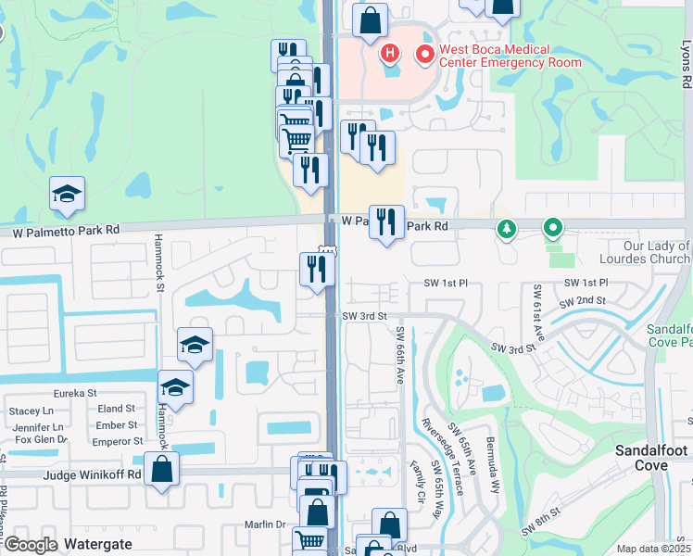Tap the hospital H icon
click(390, 53)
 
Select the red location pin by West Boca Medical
click(425, 55)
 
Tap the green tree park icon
click(506, 227)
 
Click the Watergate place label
click(99, 544)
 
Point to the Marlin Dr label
click(265, 524)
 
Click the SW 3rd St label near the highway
click(363, 316)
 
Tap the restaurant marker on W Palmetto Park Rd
click(386, 222)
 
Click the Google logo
click(31, 545)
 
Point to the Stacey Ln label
click(31, 411)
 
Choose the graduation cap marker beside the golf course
click(67, 194)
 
